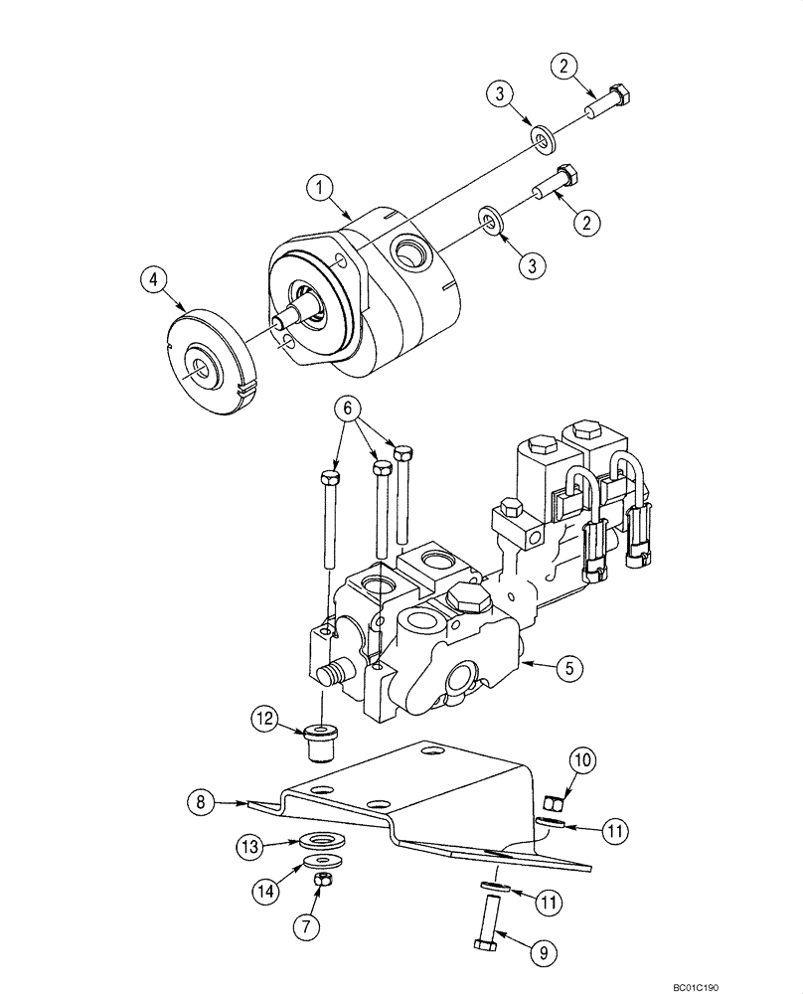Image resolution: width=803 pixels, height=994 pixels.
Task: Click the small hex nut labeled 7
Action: [x=322, y=880]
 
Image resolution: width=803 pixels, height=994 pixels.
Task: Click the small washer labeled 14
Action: [x=322, y=859]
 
